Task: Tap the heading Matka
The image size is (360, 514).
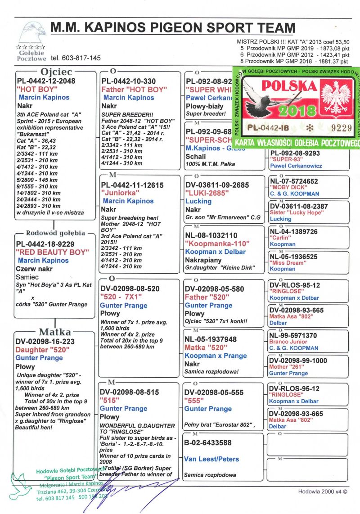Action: pos(55,332)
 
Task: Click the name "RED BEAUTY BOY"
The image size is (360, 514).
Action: pos(52,252)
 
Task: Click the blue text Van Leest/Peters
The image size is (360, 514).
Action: pos(211,459)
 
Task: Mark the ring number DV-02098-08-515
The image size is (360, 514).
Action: pos(130,392)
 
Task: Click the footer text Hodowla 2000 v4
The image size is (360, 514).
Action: pos(322,491)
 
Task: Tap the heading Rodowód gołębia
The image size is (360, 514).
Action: pos(55,233)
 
